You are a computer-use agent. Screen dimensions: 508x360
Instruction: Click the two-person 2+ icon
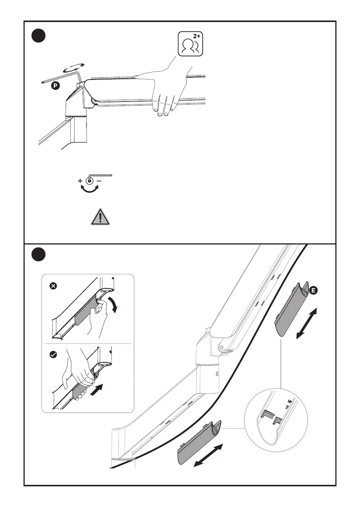pos(190,44)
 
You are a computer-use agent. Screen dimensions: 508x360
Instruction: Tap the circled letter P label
pos(55,86)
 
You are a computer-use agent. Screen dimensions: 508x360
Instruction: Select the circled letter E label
pos(313,290)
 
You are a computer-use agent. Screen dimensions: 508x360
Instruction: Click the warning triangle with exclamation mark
pos(100,217)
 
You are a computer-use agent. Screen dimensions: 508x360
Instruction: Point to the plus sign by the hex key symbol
pos(80,181)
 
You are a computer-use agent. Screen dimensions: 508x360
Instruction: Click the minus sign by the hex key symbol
pos(99,181)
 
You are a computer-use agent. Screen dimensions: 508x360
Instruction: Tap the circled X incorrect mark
pos(53,286)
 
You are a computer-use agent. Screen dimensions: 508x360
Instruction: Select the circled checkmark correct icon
pos(53,355)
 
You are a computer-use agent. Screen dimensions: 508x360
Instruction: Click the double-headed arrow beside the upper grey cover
pos(307,323)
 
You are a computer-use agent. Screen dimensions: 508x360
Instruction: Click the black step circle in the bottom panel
pos(38,255)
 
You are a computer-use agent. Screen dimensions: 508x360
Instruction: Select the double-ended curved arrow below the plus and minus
pos(90,190)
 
